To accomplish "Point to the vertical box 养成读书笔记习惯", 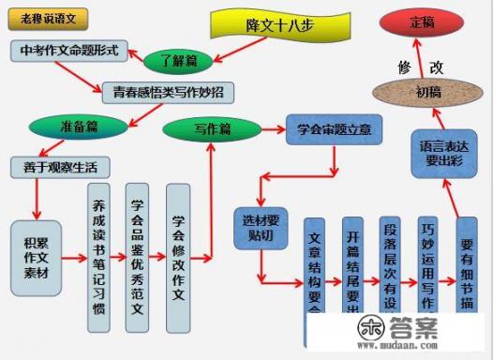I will [x=98, y=247].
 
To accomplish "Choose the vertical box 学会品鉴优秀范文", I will [x=139, y=247].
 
